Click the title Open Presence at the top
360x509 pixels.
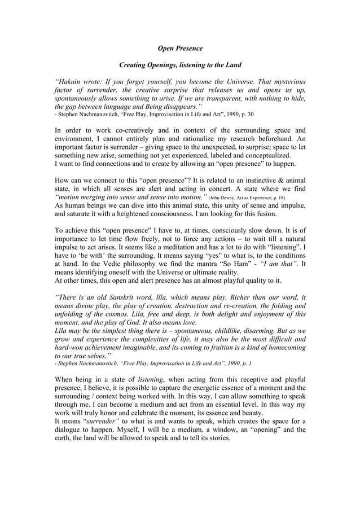[179, 49]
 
